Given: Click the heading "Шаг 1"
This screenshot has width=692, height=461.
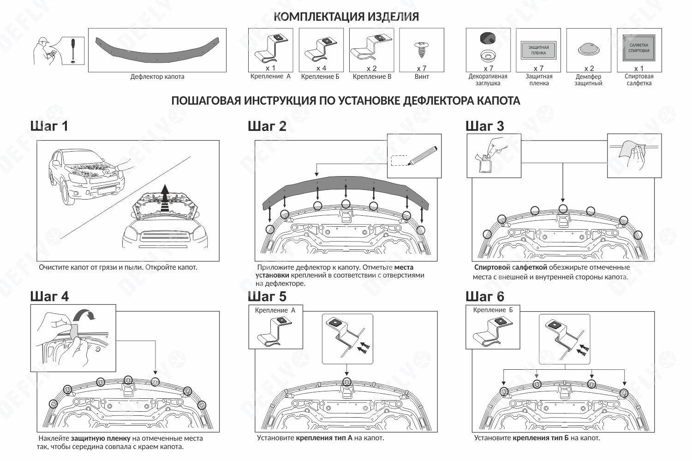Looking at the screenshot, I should pyautogui.click(x=49, y=126).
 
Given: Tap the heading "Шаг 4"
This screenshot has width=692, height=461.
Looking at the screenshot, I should pyautogui.click(x=49, y=296).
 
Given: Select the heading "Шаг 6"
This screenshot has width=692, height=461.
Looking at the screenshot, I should pyautogui.click(x=485, y=296).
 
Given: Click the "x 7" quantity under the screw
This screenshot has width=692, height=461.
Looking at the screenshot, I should pyautogui.click(x=421, y=68).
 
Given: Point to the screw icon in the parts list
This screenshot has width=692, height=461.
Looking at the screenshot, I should pyautogui.click(x=421, y=49).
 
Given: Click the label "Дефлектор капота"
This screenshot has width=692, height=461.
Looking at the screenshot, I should pyautogui.click(x=157, y=77).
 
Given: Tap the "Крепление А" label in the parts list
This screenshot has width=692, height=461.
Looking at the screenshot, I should pyautogui.click(x=271, y=76).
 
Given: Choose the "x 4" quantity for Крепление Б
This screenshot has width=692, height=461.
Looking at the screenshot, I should pyautogui.click(x=321, y=68).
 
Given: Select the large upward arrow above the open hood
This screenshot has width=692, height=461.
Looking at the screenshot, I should pyautogui.click(x=165, y=197).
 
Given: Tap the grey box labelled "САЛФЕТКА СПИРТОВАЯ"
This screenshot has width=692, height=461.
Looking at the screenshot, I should pyautogui.click(x=639, y=48).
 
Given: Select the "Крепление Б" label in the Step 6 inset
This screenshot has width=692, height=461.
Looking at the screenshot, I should pyautogui.click(x=493, y=310).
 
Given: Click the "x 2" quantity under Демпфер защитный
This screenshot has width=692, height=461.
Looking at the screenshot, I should pyautogui.click(x=589, y=68).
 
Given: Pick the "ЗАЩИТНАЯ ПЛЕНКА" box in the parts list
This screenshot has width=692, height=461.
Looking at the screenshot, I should pyautogui.click(x=538, y=50).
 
